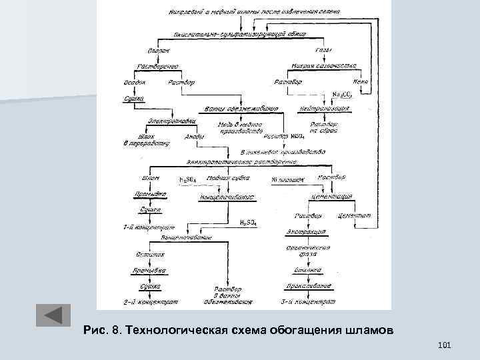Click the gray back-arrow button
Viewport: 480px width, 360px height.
tap(52, 315)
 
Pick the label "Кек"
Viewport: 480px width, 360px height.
tap(361, 82)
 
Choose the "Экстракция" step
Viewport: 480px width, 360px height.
tap(306, 232)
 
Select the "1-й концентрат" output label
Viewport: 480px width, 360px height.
tap(148, 227)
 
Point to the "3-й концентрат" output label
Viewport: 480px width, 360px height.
tap(307, 302)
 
